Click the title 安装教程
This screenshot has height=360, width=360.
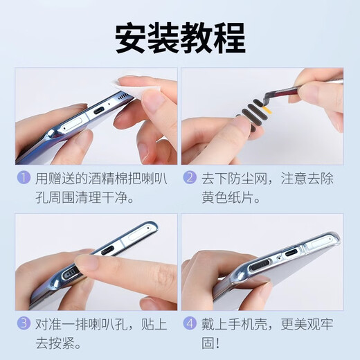click(179, 35)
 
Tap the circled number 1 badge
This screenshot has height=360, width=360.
click(24, 178)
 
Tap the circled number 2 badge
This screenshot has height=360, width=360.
click(190, 178)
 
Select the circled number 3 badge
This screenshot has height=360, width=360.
click(24, 323)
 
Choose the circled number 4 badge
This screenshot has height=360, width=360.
click(190, 323)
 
